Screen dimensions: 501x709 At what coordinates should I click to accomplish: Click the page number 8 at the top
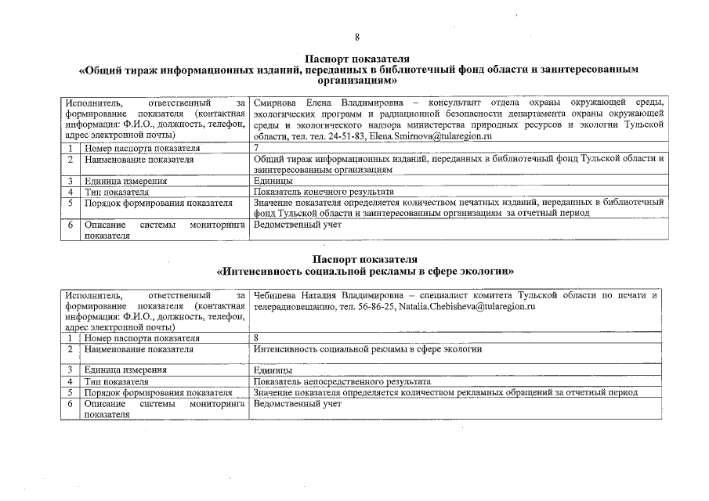356,37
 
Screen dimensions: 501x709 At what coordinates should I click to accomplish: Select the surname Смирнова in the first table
278,103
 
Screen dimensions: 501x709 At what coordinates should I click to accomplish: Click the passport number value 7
257,148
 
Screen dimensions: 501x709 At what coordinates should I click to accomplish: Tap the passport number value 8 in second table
257,338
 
